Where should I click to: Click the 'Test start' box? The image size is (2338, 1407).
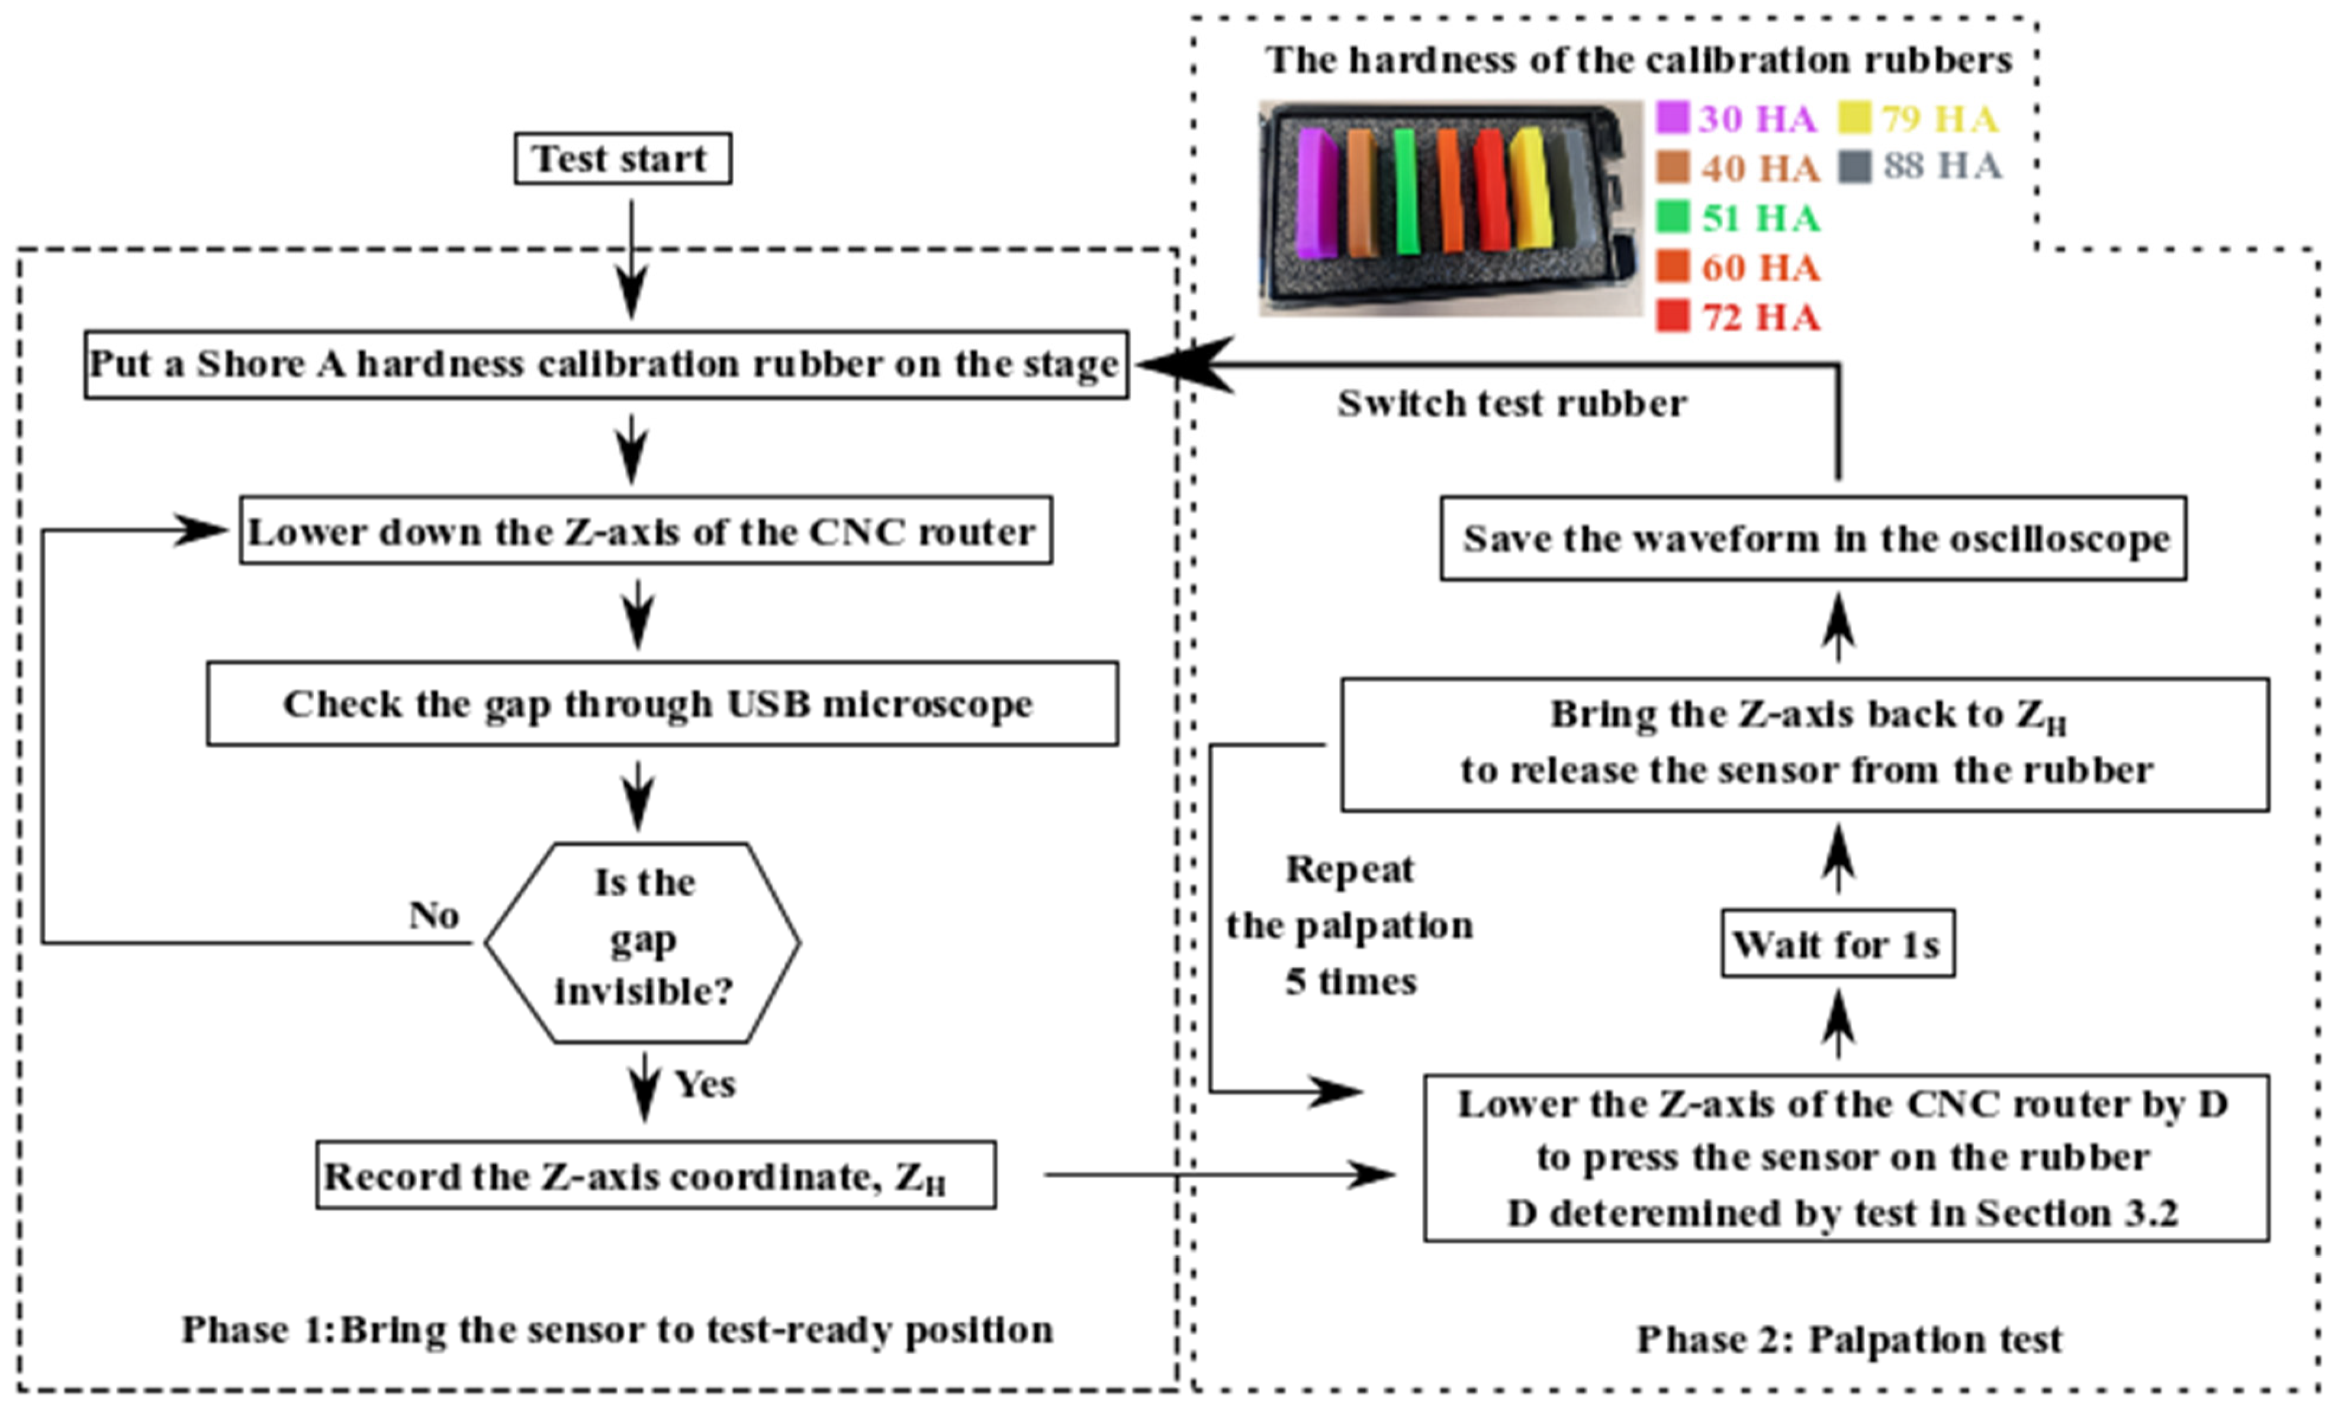(622, 159)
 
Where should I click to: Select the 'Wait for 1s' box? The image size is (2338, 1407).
(1837, 943)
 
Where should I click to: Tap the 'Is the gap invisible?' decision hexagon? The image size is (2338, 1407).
(643, 941)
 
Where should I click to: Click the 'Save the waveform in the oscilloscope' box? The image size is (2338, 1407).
(1812, 538)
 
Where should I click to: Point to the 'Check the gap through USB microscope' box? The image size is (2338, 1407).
(662, 703)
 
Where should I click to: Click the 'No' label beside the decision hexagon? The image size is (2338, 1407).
(433, 915)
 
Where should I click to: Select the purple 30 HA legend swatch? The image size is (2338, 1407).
(1672, 118)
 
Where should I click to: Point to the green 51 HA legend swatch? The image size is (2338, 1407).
(1672, 217)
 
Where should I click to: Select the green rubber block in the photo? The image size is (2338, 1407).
(1406, 192)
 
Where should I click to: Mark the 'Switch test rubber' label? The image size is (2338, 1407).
(1512, 403)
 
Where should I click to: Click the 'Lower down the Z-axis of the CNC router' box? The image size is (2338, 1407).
(645, 530)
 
